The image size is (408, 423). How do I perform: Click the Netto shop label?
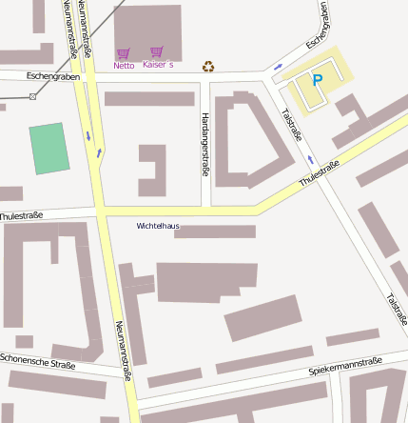pyautogui.click(x=124, y=66)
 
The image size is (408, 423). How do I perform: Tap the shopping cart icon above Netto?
pyautogui.click(x=123, y=53)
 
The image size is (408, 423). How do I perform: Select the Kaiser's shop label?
pyautogui.click(x=158, y=65)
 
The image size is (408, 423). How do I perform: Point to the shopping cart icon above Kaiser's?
pyautogui.click(x=157, y=51)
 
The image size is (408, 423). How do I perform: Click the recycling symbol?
pyautogui.click(x=208, y=66)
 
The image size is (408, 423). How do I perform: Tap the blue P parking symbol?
pyautogui.click(x=318, y=81)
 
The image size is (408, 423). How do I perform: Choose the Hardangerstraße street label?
pyautogui.click(x=204, y=144)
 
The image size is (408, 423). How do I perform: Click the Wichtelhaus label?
pyautogui.click(x=158, y=226)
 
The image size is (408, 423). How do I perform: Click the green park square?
pyautogui.click(x=49, y=148)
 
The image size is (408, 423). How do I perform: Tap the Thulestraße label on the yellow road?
pyautogui.click(x=319, y=172)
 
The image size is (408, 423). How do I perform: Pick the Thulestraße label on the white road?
pyautogui.click(x=21, y=217)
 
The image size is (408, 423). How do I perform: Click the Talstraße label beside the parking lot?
pyautogui.click(x=291, y=123)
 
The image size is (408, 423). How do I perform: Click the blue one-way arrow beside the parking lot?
pyautogui.click(x=278, y=67)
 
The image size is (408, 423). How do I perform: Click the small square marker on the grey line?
pyautogui.click(x=32, y=96)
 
